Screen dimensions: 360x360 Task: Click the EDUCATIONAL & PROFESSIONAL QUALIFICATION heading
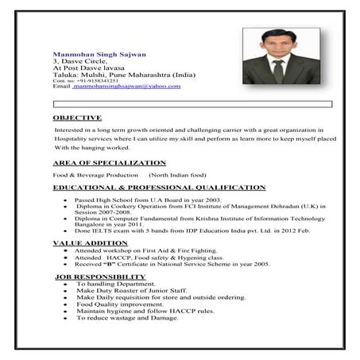pos(159,188)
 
